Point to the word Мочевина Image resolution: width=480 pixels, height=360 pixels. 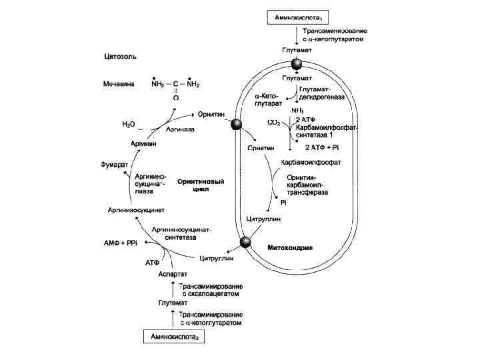[119, 85]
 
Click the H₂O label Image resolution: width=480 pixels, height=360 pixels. [128, 124]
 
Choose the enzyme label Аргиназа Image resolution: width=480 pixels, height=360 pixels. [181, 129]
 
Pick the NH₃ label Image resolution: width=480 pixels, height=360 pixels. [298, 109]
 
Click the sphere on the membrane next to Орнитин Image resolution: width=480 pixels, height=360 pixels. [236, 124]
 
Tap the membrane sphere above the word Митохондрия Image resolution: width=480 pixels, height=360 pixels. [246, 242]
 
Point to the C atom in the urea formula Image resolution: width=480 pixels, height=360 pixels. [175, 85]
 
